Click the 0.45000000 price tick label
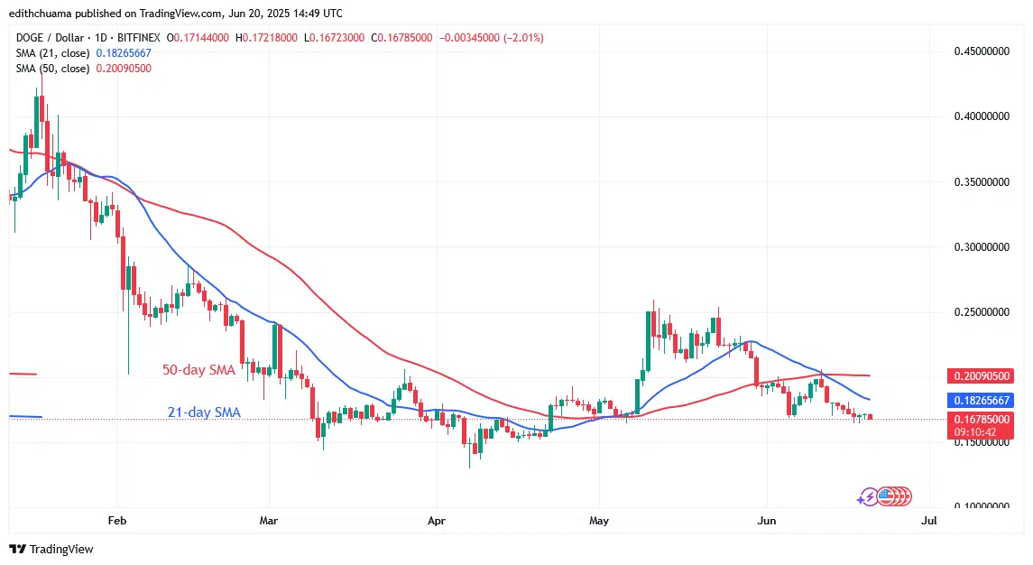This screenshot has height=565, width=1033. coord(981,51)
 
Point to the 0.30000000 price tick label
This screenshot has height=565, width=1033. coord(981,246)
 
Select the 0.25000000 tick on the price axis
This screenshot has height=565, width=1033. coord(981,312)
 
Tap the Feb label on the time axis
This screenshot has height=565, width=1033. coord(116,521)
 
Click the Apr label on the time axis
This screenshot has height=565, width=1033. coord(436,521)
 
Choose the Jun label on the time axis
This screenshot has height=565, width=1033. coord(766,521)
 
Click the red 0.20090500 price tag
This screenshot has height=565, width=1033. coord(982,375)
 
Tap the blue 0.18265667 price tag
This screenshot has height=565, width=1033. coord(982,400)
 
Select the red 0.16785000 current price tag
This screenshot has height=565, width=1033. coord(982,419)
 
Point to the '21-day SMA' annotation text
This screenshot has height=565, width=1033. coord(204,412)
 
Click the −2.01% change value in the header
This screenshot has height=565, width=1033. coord(523,38)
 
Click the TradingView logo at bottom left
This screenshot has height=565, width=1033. coord(51,549)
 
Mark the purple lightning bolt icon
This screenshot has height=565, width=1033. coord(868,496)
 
